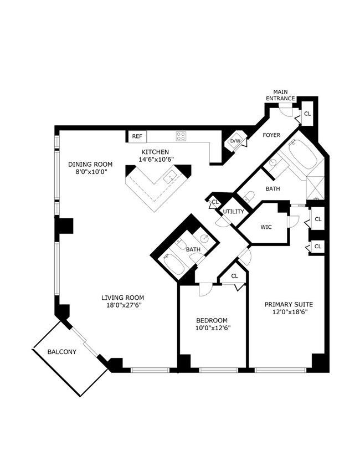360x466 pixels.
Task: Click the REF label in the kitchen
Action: (x=137, y=136)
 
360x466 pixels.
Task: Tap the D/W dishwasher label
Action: (x=235, y=141)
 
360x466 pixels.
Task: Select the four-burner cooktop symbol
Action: (x=181, y=136)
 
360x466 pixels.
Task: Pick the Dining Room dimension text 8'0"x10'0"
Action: (x=90, y=172)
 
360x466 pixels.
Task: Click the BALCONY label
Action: (x=61, y=352)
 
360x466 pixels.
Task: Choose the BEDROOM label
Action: (x=212, y=320)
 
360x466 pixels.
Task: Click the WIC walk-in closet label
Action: (x=265, y=226)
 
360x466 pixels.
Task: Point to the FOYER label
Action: (x=271, y=135)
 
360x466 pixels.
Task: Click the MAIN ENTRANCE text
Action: (x=280, y=95)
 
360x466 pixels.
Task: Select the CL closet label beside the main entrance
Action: (x=307, y=114)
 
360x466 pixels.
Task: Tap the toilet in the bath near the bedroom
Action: (x=182, y=244)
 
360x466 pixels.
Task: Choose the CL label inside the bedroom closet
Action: (x=234, y=275)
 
